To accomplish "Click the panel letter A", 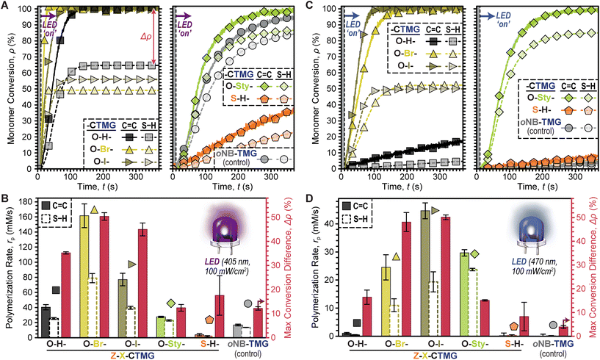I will (6, 6).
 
